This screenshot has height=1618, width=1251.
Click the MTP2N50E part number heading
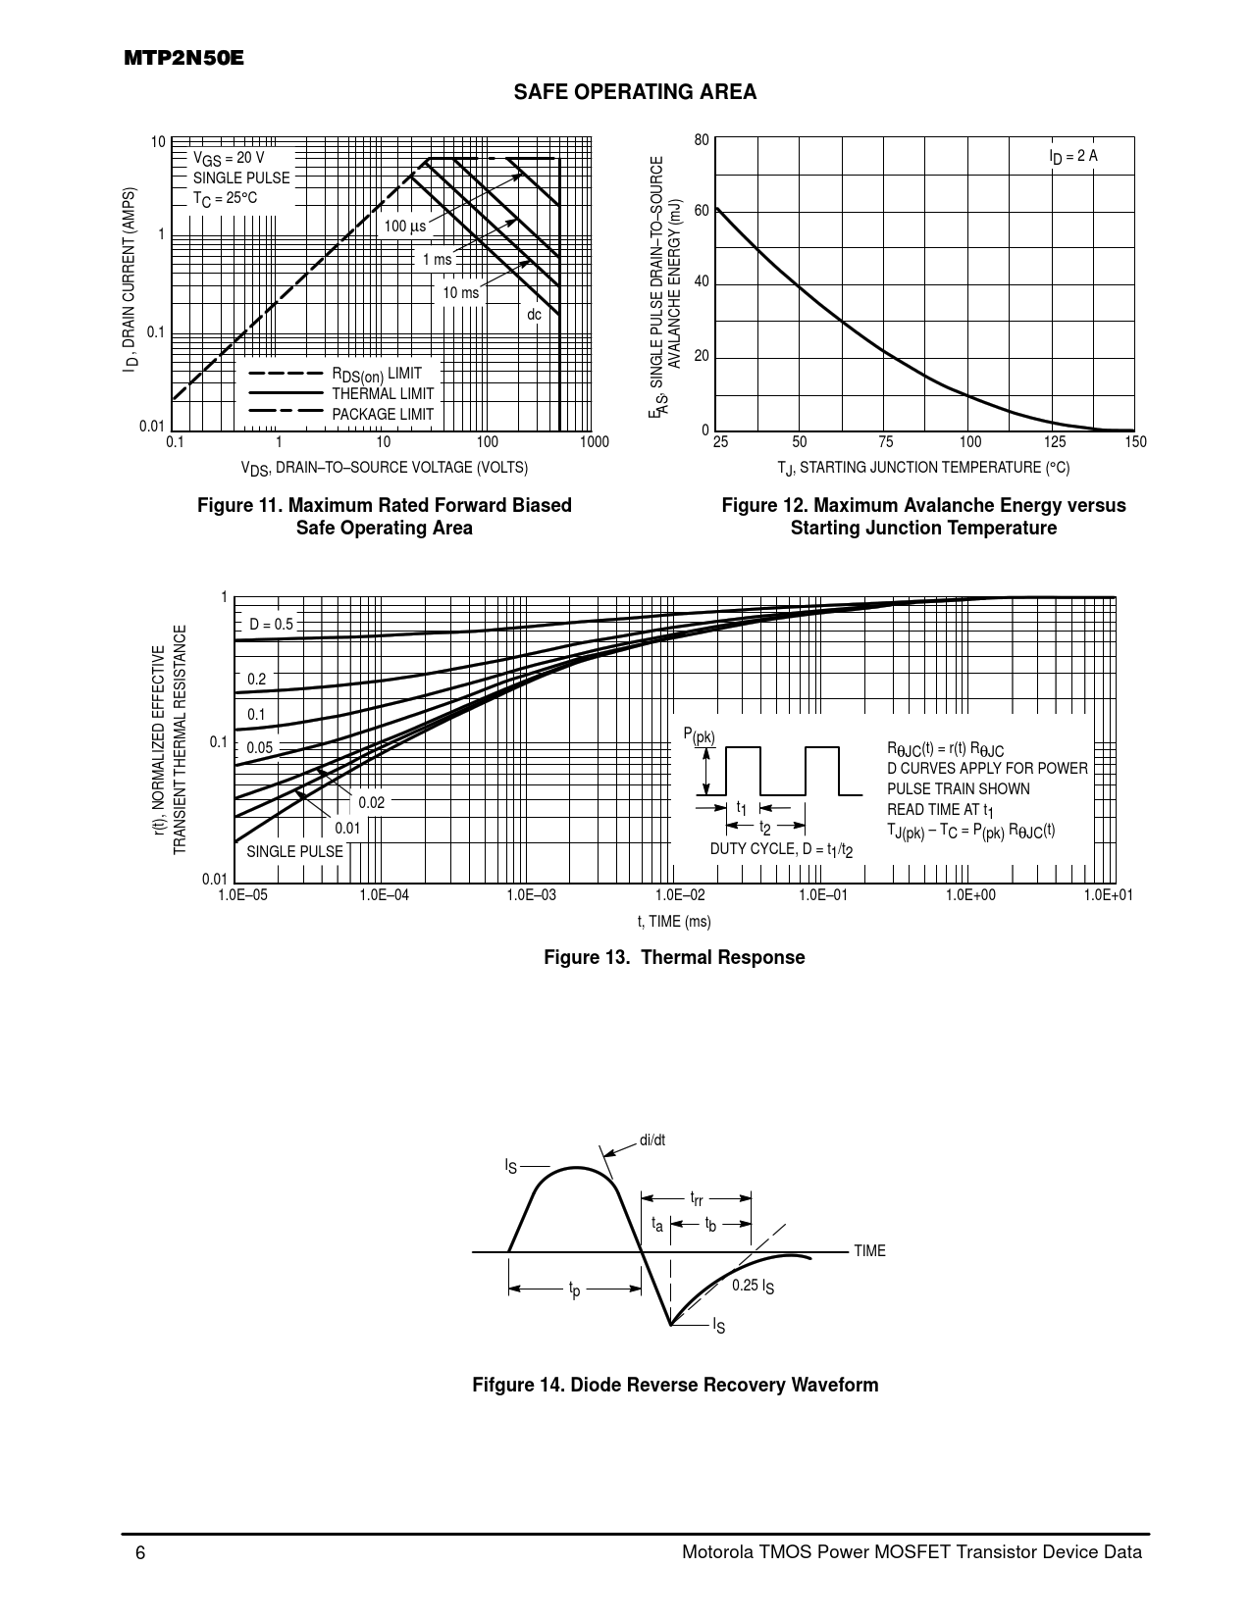(183, 58)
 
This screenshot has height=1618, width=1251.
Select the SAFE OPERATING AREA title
(635, 92)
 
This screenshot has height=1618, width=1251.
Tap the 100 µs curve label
(405, 227)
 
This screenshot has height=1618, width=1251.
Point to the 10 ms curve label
(460, 293)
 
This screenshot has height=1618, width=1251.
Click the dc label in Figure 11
(534, 315)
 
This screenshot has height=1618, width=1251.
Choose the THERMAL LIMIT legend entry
(382, 394)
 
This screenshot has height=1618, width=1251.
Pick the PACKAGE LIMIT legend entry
(382, 415)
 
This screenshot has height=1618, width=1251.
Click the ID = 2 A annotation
(1072, 156)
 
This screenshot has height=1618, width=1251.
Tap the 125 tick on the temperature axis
(1055, 443)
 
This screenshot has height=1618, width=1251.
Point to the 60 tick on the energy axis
(701, 211)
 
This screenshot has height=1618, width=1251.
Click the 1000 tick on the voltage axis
(595, 443)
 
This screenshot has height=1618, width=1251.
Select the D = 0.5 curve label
(271, 624)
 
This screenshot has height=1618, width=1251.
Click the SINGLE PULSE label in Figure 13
(294, 851)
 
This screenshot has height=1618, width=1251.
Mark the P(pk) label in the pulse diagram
(699, 736)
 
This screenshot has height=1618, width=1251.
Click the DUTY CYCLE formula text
(781, 849)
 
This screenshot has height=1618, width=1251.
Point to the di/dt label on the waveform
(652, 1139)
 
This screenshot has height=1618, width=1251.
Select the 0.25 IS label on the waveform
(753, 1286)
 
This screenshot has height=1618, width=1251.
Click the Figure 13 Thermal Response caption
(674, 957)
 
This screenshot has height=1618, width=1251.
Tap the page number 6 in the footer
(140, 1552)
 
